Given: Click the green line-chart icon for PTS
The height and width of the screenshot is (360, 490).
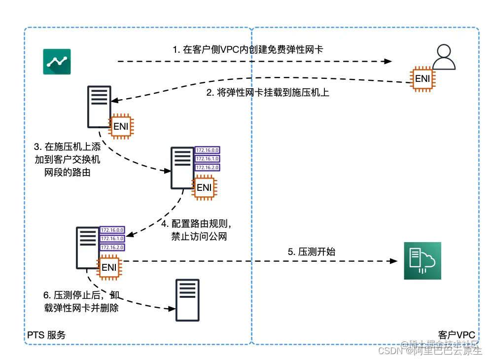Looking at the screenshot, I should (57, 62).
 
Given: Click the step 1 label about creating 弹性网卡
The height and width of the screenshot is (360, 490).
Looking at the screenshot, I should (247, 49).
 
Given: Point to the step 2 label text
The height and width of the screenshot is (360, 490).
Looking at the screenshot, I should (268, 92).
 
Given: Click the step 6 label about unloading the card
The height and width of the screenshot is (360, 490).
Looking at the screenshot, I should (81, 302).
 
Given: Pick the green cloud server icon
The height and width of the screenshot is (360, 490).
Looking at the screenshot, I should (422, 261).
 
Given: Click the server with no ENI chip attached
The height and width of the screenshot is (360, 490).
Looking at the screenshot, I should (188, 300).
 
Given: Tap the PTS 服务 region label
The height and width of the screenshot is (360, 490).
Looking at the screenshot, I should (46, 335).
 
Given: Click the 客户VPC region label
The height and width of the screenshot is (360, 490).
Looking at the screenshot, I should (456, 335).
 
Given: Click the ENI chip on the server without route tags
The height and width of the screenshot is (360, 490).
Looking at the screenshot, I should (121, 126).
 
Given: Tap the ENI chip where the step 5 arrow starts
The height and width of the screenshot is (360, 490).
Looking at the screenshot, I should (109, 268).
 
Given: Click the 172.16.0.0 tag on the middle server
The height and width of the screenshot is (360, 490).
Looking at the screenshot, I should (207, 150).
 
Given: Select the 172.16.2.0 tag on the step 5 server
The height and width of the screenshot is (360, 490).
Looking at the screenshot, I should (112, 247).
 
